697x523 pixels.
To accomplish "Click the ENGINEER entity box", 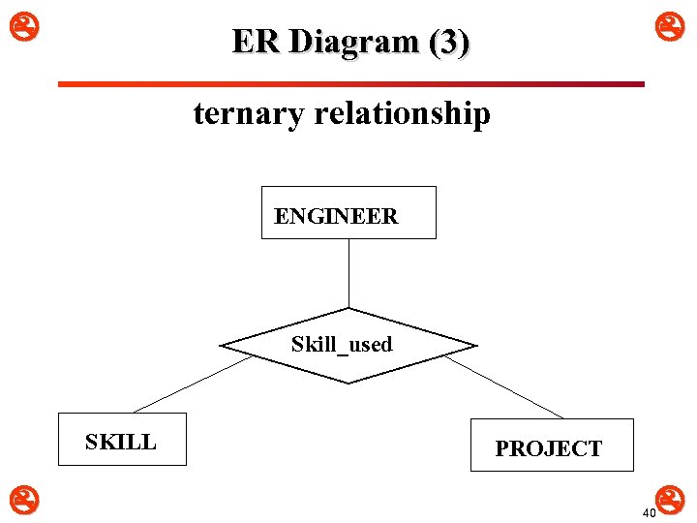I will [x=348, y=212].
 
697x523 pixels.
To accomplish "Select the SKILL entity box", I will [x=122, y=439].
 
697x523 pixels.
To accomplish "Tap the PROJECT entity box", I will [x=552, y=445].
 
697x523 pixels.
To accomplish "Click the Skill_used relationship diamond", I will [x=348, y=345].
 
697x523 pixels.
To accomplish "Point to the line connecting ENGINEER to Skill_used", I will [x=348, y=272].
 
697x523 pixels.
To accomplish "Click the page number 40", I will [x=649, y=512].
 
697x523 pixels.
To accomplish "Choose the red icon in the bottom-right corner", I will [x=675, y=499].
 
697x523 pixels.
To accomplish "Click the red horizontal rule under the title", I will [x=350, y=84].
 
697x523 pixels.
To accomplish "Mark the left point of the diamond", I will [x=223, y=346].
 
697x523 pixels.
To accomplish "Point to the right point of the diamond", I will [x=474, y=346].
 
